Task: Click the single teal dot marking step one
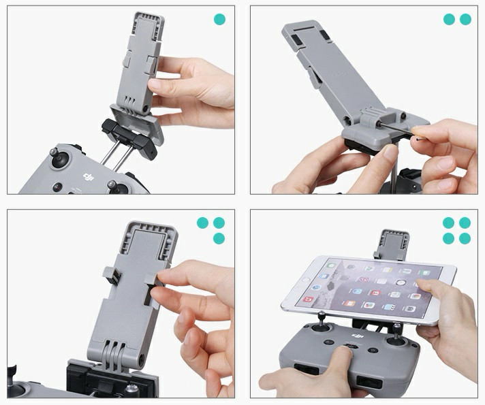219,19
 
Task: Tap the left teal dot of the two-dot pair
449,19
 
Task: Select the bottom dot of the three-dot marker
219,238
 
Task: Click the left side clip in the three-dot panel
112,275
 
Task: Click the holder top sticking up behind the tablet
392,244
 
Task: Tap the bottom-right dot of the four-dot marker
465,238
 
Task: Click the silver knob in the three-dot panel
129,390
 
